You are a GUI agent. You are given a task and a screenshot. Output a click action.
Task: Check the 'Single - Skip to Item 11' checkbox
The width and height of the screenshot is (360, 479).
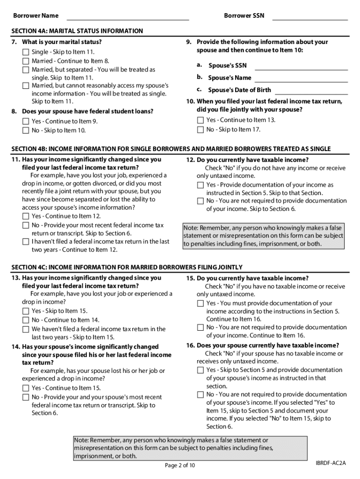pyautogui.click(x=26, y=52)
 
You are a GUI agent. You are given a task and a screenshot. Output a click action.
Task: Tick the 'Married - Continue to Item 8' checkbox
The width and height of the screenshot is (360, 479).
pyautogui.click(x=26, y=61)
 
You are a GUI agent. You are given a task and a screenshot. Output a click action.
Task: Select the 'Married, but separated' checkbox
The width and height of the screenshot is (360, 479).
pyautogui.click(x=26, y=70)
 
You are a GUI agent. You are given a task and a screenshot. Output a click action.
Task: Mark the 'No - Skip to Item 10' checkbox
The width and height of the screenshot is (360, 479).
pyautogui.click(x=26, y=131)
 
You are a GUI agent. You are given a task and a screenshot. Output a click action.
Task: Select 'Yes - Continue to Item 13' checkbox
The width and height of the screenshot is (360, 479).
pyautogui.click(x=201, y=120)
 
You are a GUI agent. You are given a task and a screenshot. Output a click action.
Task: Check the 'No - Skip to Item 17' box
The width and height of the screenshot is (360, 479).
pyautogui.click(x=201, y=130)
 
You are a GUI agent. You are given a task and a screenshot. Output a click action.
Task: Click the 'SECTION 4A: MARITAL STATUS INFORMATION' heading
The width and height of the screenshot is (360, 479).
pyautogui.click(x=77, y=31)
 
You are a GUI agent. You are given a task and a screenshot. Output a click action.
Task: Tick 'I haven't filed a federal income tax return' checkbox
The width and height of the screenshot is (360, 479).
pyautogui.click(x=26, y=242)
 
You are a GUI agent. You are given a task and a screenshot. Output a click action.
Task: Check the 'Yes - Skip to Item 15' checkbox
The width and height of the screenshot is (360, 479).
pyautogui.click(x=26, y=311)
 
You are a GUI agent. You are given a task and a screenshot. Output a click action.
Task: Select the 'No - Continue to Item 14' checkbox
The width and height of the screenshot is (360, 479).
pyautogui.click(x=26, y=320)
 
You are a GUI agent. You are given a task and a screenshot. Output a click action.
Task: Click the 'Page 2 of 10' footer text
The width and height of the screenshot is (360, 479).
pyautogui.click(x=180, y=465)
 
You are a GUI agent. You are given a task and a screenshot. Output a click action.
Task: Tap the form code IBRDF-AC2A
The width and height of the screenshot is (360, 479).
pyautogui.click(x=330, y=463)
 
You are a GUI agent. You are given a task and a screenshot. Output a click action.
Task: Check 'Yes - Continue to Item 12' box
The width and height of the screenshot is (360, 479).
pyautogui.click(x=26, y=217)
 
